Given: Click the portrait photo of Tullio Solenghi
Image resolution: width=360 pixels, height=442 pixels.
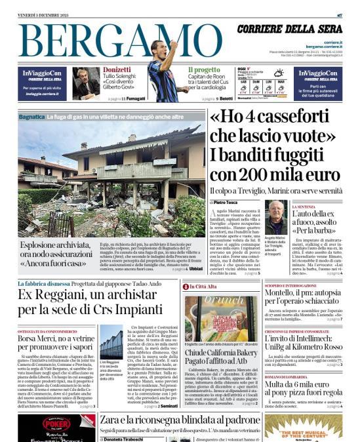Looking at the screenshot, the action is coord(87,83).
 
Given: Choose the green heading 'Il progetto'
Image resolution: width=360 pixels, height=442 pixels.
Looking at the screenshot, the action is coord(205,70).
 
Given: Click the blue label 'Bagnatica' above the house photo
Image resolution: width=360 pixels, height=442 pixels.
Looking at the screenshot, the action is coord(32,117).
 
